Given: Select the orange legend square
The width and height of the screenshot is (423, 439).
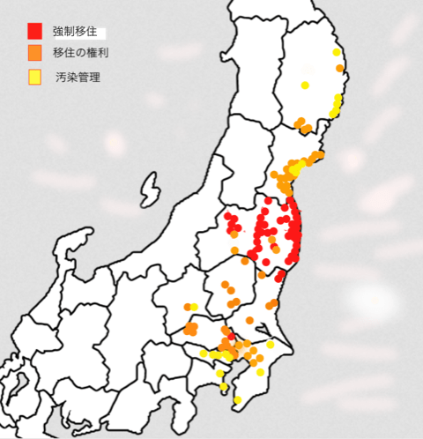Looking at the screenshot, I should point(34,53).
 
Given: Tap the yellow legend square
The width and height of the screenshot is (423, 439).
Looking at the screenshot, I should point(34,77).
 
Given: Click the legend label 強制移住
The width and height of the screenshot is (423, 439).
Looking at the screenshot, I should point(80,32).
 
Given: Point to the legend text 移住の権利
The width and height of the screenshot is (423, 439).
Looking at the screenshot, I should point(81,53).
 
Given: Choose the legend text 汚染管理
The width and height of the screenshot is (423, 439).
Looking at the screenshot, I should point(78,78).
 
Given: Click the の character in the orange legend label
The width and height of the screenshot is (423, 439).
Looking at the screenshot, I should point(81,53).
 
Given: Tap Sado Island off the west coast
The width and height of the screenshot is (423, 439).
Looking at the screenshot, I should point(149,190).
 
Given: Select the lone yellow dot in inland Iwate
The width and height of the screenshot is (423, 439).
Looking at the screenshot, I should point(304,86).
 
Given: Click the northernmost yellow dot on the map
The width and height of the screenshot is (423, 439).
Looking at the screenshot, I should point(337,53).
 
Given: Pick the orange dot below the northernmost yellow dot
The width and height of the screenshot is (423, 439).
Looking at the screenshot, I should point(338,67).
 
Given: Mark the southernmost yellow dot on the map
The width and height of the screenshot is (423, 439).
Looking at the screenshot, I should point(237,401).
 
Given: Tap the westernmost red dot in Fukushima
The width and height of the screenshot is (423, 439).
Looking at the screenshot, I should point(227,216).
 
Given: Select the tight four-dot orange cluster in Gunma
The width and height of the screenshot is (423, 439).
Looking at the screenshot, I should point(190,329).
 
